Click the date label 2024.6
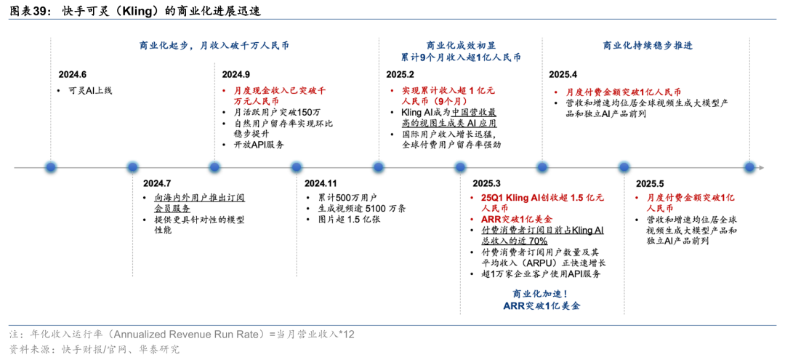click(73, 75)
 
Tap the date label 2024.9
click(236, 75)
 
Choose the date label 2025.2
click(400, 75)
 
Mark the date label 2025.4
click(563, 75)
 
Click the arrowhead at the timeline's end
click(762, 167)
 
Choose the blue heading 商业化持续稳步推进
click(648, 45)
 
